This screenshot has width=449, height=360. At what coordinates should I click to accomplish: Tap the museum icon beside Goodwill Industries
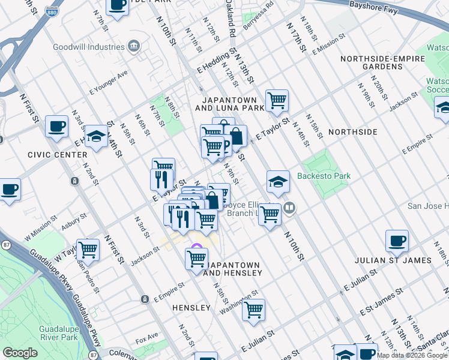(134, 46)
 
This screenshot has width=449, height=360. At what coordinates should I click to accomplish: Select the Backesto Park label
(324, 176)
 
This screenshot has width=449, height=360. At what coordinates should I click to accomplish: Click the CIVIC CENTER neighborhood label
(58, 154)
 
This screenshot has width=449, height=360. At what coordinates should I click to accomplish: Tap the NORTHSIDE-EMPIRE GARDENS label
(371, 63)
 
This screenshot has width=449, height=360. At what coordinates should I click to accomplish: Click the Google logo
(20, 353)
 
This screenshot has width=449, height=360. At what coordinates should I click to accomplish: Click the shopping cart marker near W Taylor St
(88, 249)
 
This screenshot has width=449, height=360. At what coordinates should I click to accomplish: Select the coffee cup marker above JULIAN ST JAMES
(397, 241)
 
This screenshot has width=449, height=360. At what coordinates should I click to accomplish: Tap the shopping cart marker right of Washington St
(253, 310)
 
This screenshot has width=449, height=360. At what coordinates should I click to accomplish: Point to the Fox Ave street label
(147, 335)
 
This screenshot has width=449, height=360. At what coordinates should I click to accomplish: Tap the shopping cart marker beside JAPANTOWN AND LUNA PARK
(277, 100)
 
